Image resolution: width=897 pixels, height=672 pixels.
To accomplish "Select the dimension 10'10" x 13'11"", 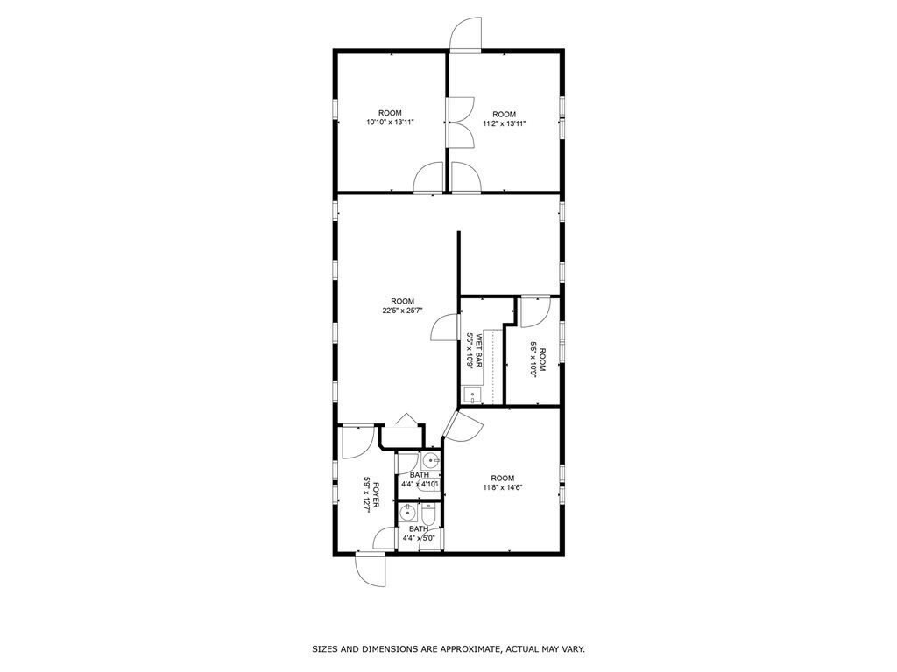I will (x=390, y=122).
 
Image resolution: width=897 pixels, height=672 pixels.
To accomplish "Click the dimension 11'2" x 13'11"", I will (x=504, y=123).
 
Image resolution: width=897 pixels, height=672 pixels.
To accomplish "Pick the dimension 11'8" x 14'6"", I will (x=502, y=487).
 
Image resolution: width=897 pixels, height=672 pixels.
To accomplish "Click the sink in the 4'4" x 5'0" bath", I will (x=407, y=513).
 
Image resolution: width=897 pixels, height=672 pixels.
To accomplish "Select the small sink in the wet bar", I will (x=473, y=395).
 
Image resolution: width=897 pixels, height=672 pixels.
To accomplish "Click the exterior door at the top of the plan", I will (x=463, y=35).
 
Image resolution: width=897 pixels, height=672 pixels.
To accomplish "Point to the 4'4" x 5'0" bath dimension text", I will (x=419, y=538).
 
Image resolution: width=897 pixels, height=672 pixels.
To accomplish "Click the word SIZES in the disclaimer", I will (x=325, y=649).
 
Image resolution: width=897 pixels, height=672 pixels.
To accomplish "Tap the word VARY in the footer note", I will (x=573, y=649).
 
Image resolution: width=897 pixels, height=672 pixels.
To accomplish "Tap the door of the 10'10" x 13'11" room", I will (x=429, y=178).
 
